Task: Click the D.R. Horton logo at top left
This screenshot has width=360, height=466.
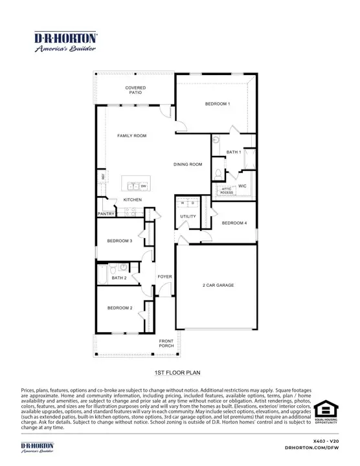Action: pos(65,41)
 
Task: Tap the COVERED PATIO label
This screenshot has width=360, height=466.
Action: pos(135,90)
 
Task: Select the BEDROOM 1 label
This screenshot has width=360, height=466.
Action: pos(218,104)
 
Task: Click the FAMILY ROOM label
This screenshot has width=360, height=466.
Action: pos(131,136)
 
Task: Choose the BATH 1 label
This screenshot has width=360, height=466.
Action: pos(234,152)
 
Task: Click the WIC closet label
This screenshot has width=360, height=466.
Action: pos(243,186)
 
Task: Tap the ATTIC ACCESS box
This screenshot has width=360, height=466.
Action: pos(226,190)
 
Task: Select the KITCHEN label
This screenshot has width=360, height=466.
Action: pos(133,199)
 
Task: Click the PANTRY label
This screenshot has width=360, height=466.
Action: pos(106,213)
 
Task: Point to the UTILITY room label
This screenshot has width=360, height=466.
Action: pos(188,217)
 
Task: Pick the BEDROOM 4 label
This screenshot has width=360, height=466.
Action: pos(234,223)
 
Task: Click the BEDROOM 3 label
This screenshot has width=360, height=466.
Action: pos(120,241)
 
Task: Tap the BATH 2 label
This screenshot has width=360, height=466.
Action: pos(118,278)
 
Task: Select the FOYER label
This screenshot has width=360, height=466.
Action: pos(165,276)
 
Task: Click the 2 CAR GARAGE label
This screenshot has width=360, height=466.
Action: pos(218,285)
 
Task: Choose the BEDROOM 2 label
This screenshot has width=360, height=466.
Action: pos(120,307)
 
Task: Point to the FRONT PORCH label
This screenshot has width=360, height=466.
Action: pos(167,343)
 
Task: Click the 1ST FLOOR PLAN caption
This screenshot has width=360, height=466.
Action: pos(179,373)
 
